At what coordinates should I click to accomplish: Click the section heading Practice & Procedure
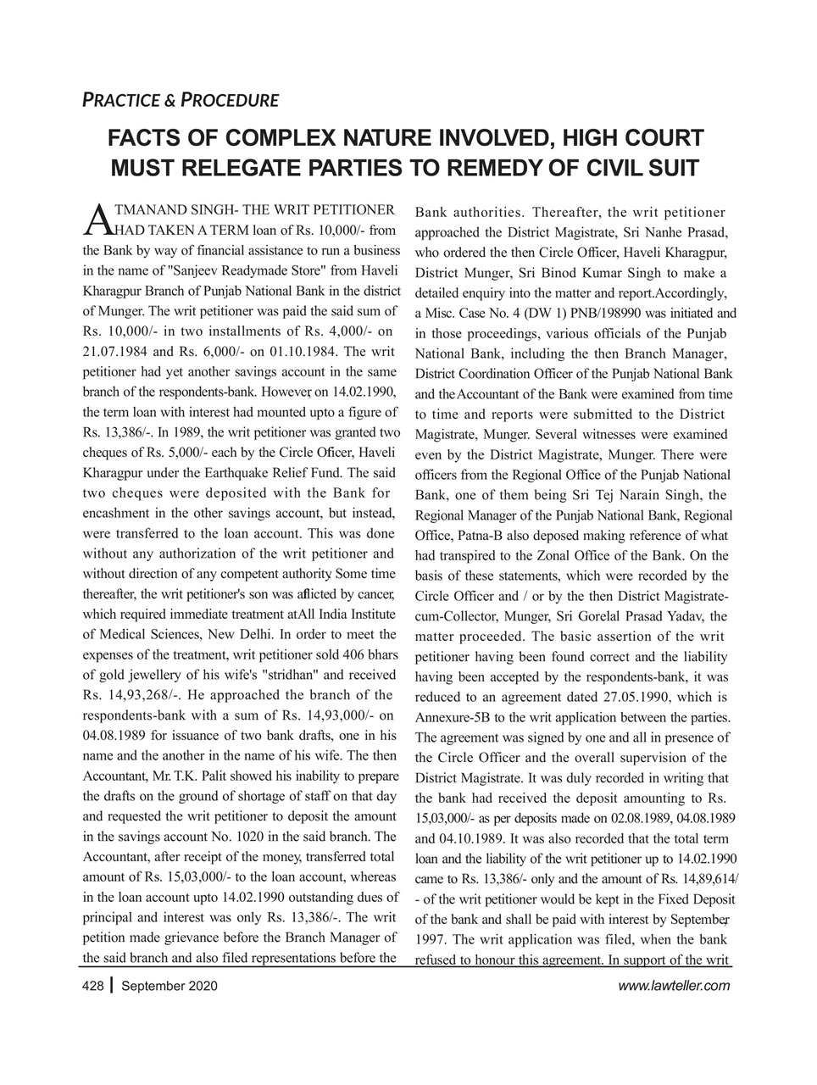pos(180,100)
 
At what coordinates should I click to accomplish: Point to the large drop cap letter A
pos(97,218)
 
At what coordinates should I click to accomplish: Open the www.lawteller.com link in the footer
pos(674,986)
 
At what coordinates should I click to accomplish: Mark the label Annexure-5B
pos(453,717)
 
